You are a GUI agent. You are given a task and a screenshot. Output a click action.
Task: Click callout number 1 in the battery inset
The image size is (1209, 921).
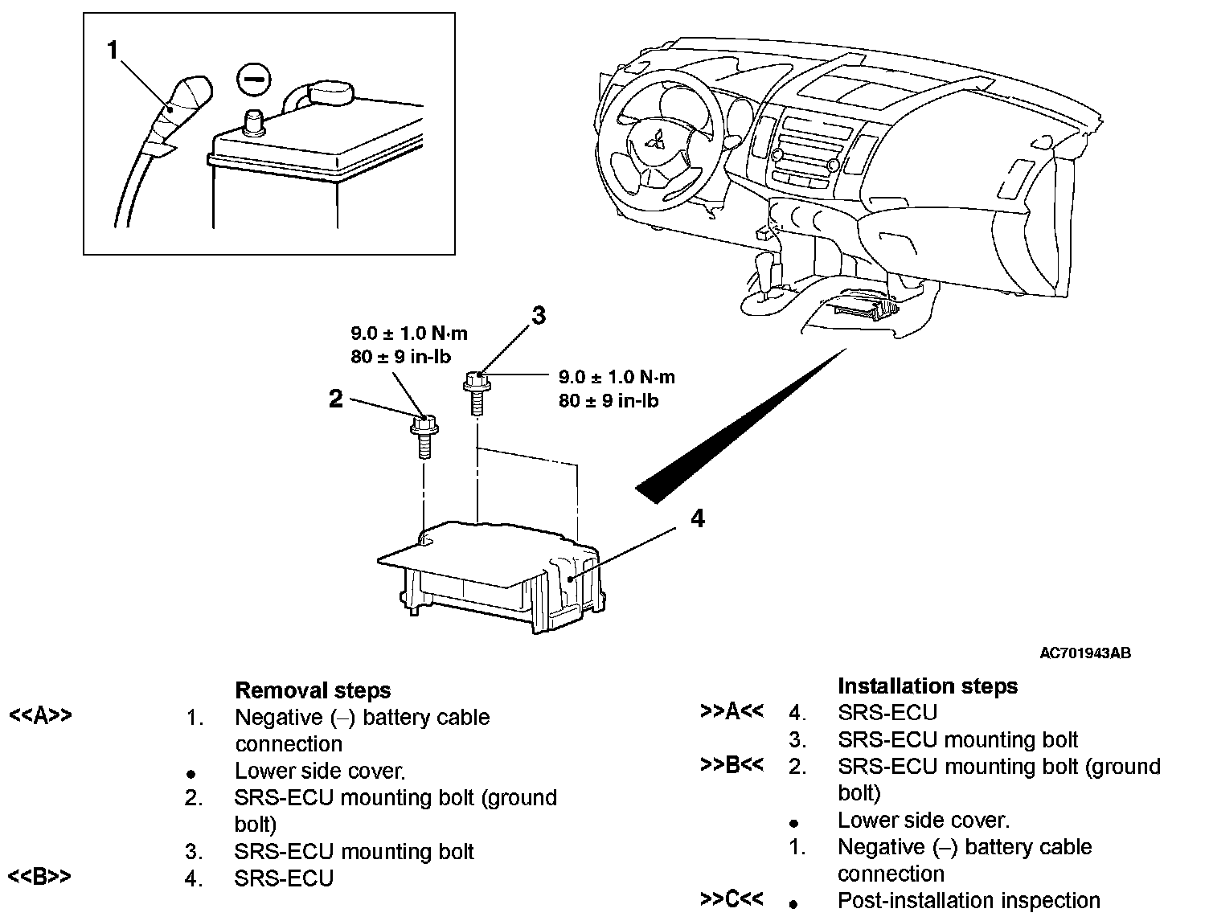coord(113,51)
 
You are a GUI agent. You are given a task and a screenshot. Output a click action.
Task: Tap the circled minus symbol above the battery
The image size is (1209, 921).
coord(254,81)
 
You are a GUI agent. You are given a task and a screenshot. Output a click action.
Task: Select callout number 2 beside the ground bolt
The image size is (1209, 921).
coord(336,399)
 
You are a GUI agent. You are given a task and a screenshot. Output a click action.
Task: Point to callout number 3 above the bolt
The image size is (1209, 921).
coord(538,316)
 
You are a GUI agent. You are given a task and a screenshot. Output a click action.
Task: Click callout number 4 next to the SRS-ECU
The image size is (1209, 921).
coord(697,519)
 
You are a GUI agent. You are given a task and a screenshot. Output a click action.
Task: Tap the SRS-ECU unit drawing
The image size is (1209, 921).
coord(498,575)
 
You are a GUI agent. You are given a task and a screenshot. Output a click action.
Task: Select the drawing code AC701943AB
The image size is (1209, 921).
coord(1085,653)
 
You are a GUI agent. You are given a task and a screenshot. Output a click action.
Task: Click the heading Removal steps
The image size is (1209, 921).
coord(313,690)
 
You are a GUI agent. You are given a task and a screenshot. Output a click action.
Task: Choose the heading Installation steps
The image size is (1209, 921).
coord(927,686)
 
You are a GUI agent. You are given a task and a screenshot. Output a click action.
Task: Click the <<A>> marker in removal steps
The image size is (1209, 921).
coord(40,714)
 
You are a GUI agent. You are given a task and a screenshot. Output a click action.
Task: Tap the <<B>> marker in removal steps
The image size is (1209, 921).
coord(39,876)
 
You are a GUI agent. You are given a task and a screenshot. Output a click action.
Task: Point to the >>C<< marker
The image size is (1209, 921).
coord(732,898)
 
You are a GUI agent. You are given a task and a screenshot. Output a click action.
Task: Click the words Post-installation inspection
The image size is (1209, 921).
coord(968,901)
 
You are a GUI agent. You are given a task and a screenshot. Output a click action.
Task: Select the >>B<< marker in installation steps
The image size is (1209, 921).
coord(732,765)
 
